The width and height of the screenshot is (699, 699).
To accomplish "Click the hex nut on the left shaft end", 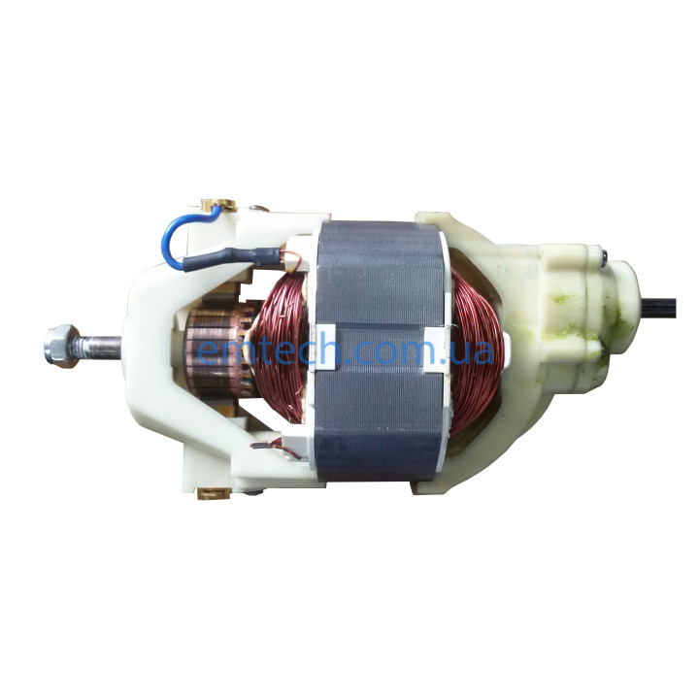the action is tap(62, 346).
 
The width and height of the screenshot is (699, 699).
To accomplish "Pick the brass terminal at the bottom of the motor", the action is tap(213, 493).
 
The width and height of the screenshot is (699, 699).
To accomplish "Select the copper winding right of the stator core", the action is tap(476, 352).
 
